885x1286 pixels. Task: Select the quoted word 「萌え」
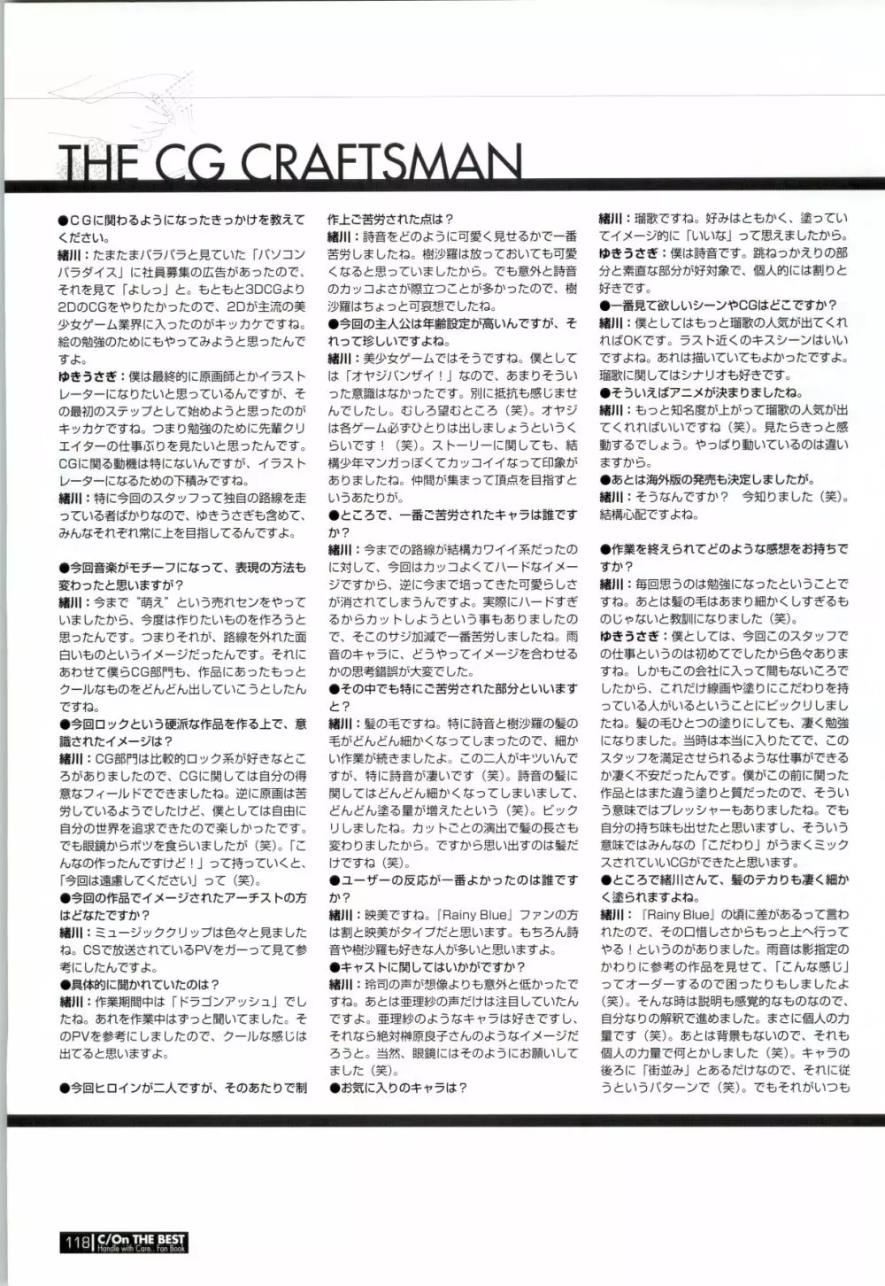point(147,601)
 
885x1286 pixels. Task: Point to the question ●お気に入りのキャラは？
point(398,1088)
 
